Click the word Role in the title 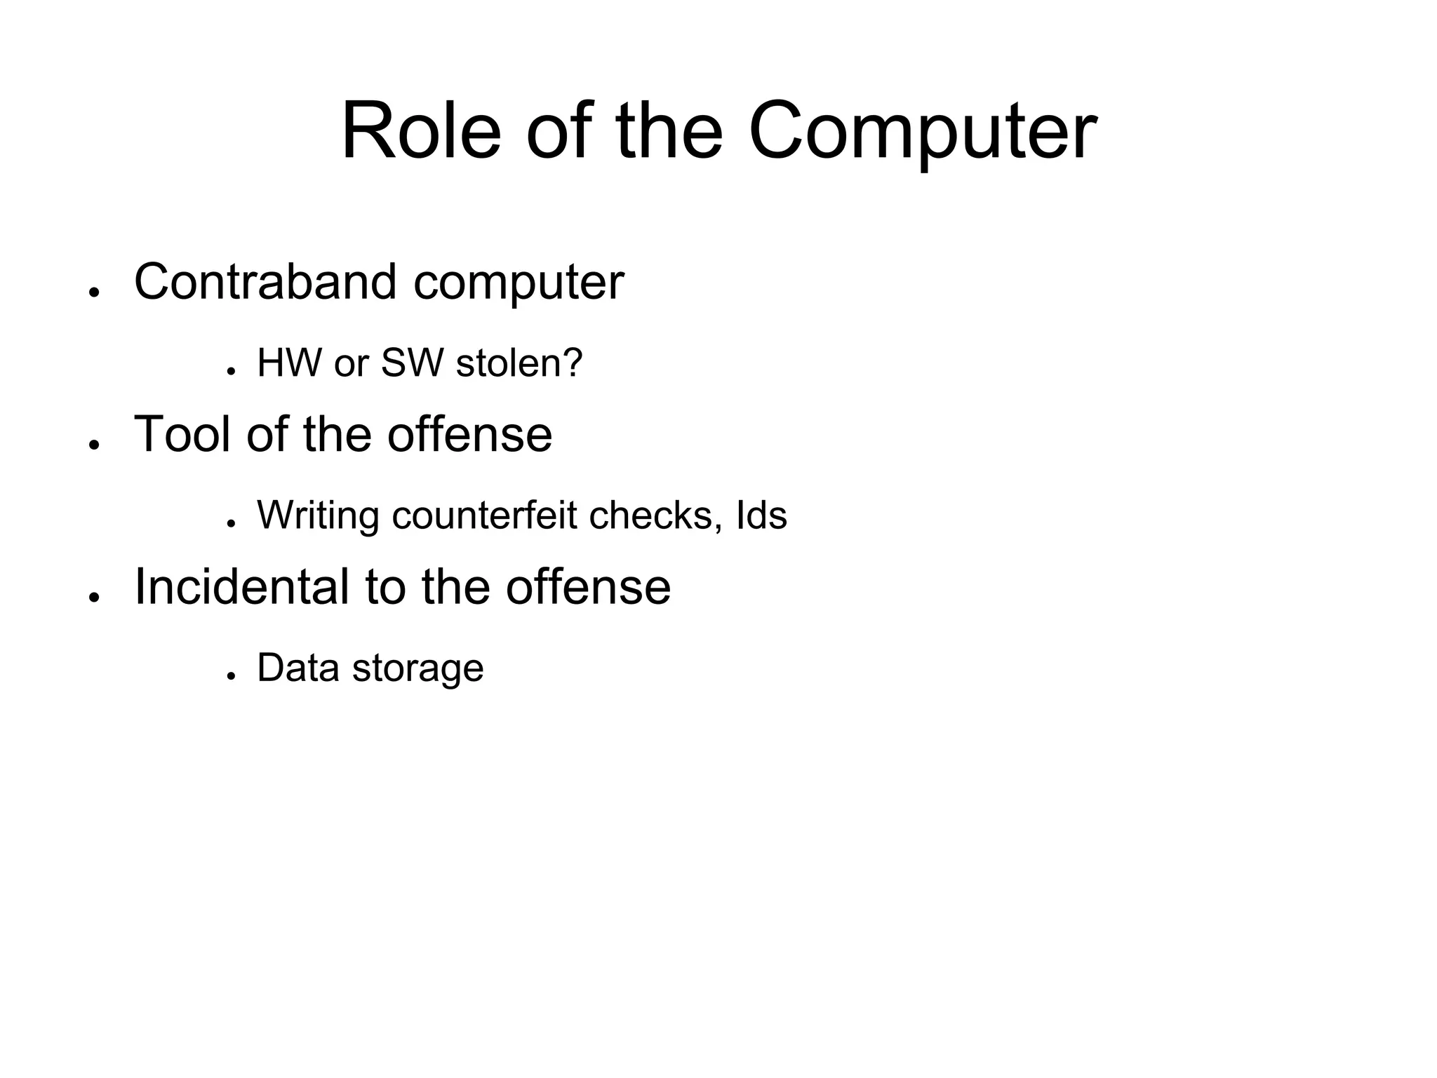(x=421, y=132)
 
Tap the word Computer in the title (x=922, y=133)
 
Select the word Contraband (x=265, y=282)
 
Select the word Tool (x=182, y=434)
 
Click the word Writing (x=319, y=516)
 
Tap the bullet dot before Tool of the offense (x=92, y=445)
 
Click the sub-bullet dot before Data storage (x=229, y=675)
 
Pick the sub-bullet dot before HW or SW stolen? (x=229, y=371)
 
